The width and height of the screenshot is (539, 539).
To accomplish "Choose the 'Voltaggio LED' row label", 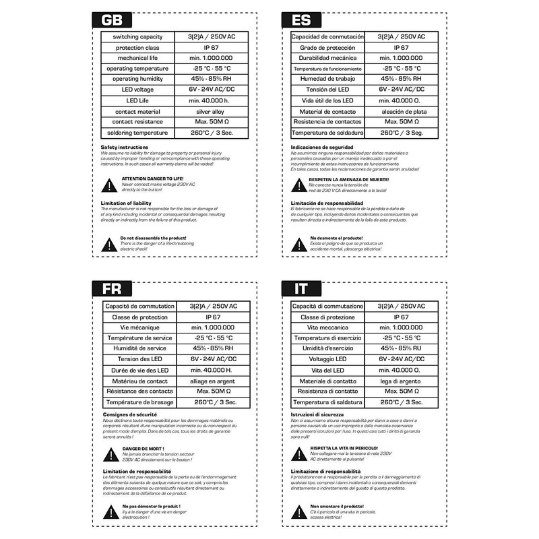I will pyautogui.click(x=327, y=358).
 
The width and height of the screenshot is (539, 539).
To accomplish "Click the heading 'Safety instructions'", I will pyautogui.click(x=125, y=147).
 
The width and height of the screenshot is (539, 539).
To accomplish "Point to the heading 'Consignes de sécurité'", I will pyautogui.click(x=129, y=414).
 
